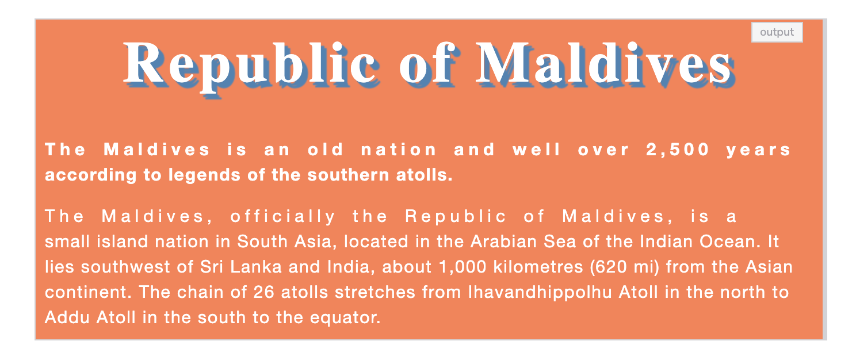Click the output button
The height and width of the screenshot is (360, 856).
pos(777,32)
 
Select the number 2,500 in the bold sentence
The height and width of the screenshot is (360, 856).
pos(678,150)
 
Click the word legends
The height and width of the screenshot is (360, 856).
pos(204,175)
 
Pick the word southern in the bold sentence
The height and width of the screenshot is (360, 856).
pos(349,175)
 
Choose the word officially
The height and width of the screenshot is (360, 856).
pos(283,217)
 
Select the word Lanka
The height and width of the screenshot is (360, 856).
pos(256,267)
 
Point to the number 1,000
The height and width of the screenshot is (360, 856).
pos(463,267)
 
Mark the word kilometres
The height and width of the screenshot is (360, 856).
pos(538,267)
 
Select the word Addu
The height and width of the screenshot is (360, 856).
pos(67,317)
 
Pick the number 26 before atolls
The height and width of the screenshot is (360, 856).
pos(264,292)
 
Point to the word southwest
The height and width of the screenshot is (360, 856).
pos(125,267)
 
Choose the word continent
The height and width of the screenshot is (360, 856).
pos(88,292)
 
